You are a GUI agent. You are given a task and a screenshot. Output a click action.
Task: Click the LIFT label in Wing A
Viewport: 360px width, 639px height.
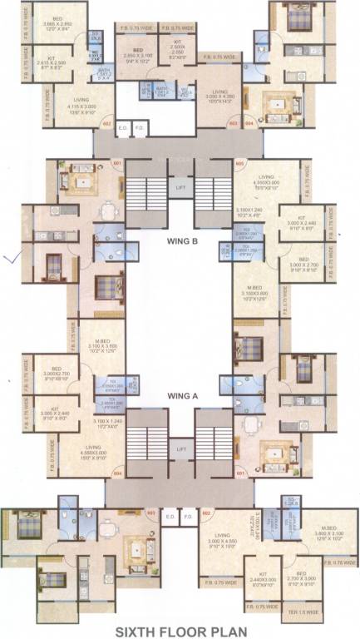click(x=180, y=449)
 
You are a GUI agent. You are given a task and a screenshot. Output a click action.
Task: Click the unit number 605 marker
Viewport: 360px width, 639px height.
click(x=239, y=164)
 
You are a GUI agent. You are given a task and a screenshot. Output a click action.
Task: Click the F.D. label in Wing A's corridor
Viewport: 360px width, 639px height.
click(x=188, y=516)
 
